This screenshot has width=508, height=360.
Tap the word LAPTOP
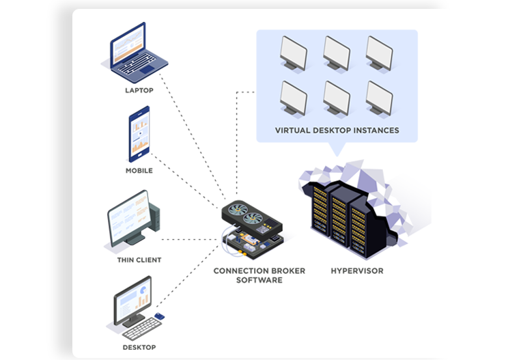pyautogui.click(x=139, y=89)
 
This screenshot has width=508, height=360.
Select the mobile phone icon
pyautogui.click(x=139, y=134)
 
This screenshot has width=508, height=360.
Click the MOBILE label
pyautogui.click(x=139, y=170)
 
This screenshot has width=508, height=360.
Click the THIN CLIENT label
pyautogui.click(x=139, y=260)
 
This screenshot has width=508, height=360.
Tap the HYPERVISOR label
pyautogui.click(x=357, y=271)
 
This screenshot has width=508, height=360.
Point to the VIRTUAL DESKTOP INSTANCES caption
pyautogui.click(x=337, y=130)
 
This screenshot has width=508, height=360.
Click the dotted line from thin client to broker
pyautogui.click(x=191, y=239)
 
